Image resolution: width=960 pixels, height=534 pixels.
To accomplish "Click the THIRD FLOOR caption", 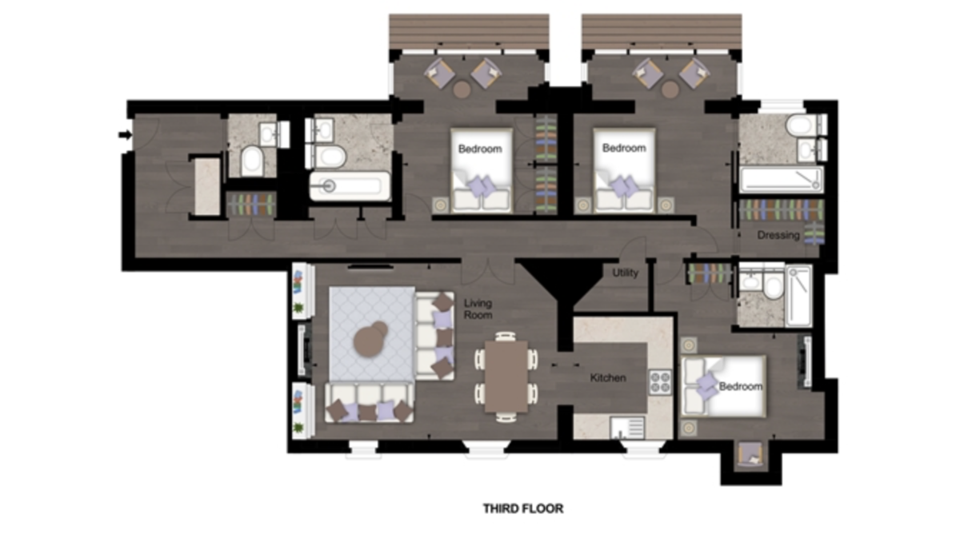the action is coord(523,508).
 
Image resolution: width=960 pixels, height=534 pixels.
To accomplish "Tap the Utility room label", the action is coord(625,273).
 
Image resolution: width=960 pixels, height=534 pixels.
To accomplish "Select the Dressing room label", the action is coord(778,235).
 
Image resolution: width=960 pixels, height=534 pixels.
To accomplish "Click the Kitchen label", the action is coord(608,377).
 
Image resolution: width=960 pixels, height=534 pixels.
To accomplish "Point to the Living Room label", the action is coord(478,309).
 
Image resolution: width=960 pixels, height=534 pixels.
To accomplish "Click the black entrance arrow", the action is coord(125,135).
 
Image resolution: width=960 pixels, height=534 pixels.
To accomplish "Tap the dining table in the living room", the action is coord(506,376).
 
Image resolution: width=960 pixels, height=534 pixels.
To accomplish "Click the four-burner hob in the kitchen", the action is coord(661,382).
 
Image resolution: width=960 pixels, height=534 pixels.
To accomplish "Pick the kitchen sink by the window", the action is coord(627,428).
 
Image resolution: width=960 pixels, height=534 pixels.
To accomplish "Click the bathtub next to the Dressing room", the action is coord(782,180).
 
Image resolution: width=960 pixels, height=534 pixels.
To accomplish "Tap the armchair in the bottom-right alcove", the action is coord(750,455).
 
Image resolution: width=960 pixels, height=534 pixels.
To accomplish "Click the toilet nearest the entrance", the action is coord(252,160).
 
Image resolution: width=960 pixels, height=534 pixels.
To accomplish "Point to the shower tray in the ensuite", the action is coord(798,296).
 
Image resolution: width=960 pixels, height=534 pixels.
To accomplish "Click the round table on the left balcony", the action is coord(462,90).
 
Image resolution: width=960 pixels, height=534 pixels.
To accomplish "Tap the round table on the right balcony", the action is coord(670,90).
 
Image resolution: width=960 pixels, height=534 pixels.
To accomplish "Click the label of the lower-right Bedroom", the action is coord(740,386).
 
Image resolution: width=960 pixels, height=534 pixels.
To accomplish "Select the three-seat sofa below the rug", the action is coord(370,404).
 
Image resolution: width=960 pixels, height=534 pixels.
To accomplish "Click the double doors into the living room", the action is coord(488,269).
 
